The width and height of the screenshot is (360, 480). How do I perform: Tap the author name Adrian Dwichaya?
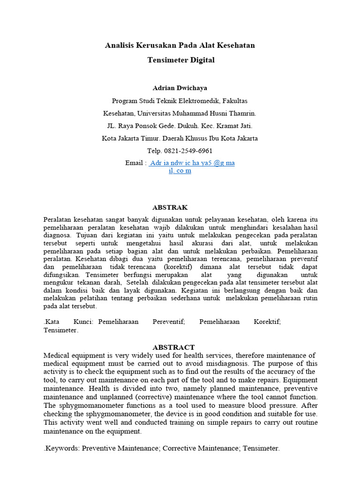point(180,88)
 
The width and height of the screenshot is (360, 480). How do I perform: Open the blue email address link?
point(191,163)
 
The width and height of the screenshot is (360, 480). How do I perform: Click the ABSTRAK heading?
point(170,207)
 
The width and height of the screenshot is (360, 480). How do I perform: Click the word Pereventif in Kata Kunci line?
point(169,322)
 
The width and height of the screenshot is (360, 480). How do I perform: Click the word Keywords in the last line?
point(62,448)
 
